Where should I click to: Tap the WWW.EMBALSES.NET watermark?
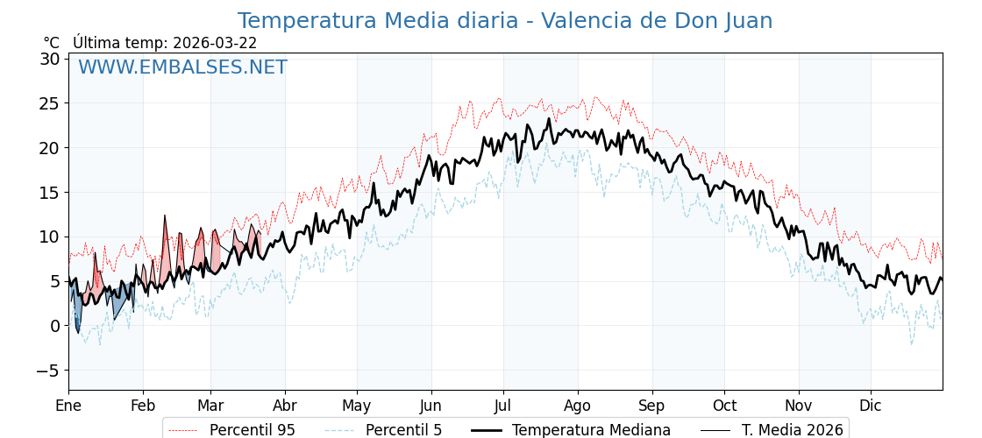tap(182, 67)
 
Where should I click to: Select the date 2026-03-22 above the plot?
tap(215, 43)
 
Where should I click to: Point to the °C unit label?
tap(51, 43)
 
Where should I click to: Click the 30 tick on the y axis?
tap(49, 59)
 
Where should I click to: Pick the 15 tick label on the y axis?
tap(49, 192)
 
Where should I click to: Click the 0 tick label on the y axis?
tap(54, 325)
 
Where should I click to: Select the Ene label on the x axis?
tap(68, 406)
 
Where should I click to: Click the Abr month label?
tap(285, 406)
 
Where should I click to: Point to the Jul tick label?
tap(503, 406)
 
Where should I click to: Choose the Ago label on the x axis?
tap(578, 406)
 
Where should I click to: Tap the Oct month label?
tap(724, 406)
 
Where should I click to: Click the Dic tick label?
tap(871, 406)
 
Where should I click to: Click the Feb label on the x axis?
tap(143, 406)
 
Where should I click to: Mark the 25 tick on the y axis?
tap(49, 102)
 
